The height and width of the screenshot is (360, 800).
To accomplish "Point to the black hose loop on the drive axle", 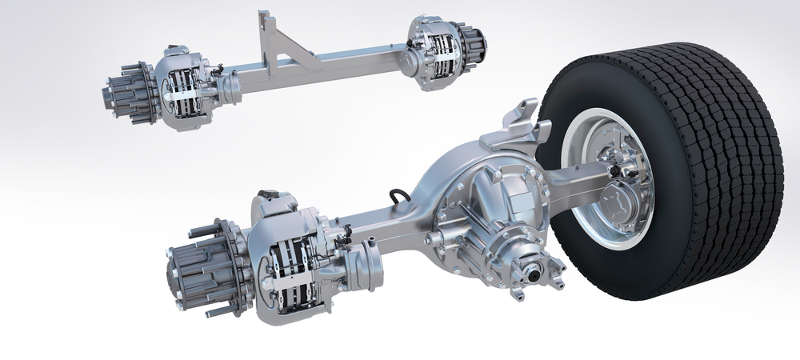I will (x=398, y=198).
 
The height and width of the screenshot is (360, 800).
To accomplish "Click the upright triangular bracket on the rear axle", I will (x=276, y=44).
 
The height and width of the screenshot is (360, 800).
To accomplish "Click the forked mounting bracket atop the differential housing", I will (x=512, y=124).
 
